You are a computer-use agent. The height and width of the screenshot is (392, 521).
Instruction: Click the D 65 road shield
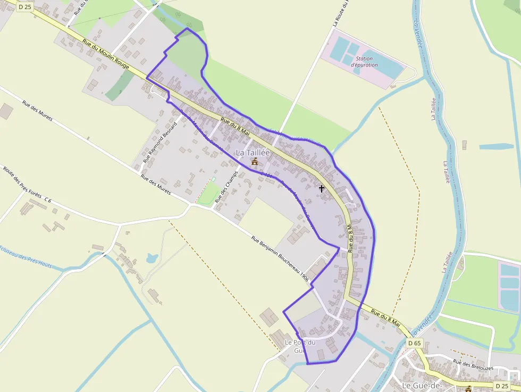tap(415, 343)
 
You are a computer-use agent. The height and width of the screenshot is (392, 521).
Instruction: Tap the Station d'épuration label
tap(364, 62)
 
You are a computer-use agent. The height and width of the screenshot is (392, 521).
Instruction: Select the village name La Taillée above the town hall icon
tap(253, 153)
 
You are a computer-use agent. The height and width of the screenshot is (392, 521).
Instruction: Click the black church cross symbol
tap(321, 188)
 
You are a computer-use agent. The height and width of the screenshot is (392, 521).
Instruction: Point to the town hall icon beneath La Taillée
tap(254, 162)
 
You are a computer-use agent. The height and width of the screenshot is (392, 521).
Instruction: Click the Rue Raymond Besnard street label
tap(160, 140)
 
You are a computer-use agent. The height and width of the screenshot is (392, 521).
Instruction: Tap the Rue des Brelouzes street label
tap(473, 364)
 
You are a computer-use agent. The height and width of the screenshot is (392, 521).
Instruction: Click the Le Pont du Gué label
tap(300, 346)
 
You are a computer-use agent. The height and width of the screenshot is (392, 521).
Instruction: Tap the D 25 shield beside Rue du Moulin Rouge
tap(24, 7)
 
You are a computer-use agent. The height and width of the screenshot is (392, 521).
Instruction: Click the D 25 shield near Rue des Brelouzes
tap(501, 386)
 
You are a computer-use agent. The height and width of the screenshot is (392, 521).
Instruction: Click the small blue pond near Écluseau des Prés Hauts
tap(152, 258)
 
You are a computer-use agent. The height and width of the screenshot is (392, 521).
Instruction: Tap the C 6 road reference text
tap(48, 200)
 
